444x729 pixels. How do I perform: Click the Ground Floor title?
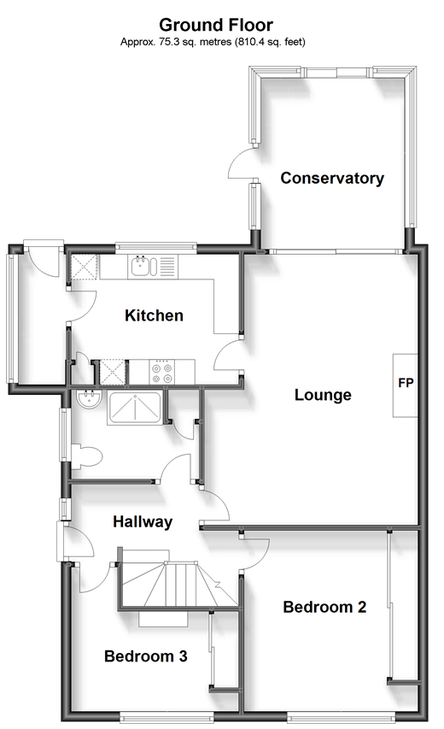[216, 25]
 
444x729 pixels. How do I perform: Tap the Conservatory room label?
[332, 178]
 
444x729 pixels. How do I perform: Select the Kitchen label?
[154, 315]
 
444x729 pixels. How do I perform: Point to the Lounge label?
[323, 395]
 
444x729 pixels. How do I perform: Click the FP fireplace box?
[406, 385]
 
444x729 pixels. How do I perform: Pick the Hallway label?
[143, 521]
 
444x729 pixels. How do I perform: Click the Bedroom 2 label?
[324, 607]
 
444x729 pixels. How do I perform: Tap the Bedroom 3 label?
[146, 656]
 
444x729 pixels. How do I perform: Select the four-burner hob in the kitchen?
[162, 373]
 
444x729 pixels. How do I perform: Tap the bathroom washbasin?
[88, 399]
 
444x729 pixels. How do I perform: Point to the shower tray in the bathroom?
[135, 408]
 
